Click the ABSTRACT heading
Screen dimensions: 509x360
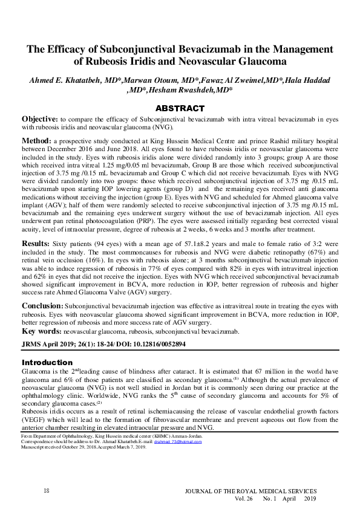pyautogui.click(x=180, y=108)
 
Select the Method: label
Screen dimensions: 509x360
pyautogui.click(x=38, y=139)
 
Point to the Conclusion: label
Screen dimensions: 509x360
pyautogui.click(x=42, y=306)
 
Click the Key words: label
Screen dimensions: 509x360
pyautogui.click(x=41, y=331)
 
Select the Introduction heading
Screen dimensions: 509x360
pyautogui.click(x=47, y=362)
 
